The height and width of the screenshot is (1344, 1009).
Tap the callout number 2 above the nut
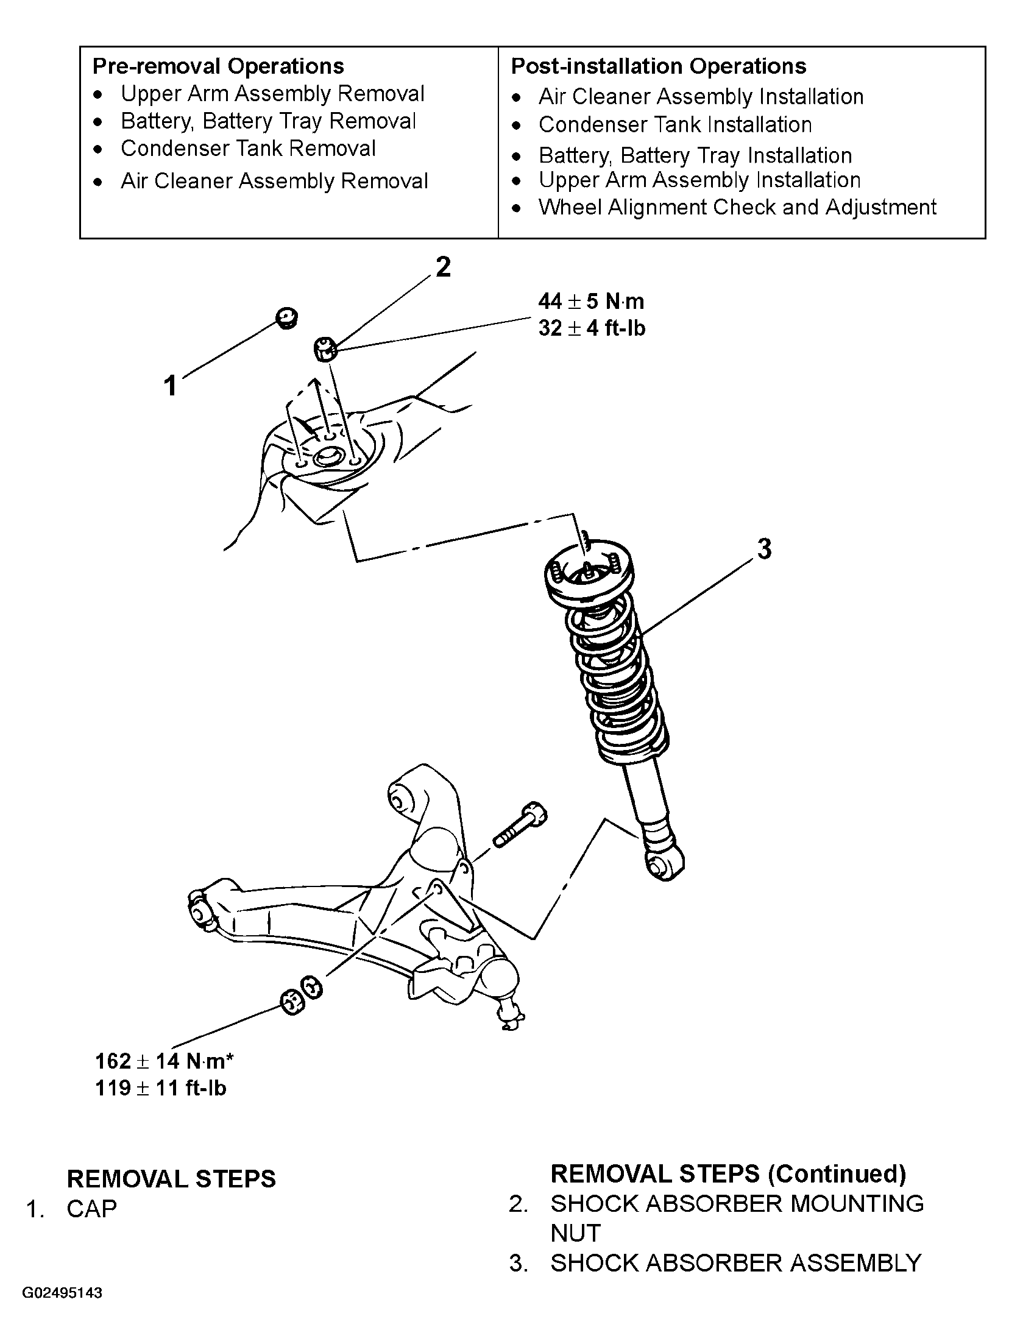443,267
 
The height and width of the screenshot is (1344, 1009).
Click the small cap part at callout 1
286,318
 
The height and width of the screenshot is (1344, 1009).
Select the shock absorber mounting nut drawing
326,350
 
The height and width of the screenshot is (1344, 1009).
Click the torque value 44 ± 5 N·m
591,301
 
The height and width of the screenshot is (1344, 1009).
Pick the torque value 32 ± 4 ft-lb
592,328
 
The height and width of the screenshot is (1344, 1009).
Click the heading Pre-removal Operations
218,66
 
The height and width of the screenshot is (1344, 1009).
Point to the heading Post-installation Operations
659,66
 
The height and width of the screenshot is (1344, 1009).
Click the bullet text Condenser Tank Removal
248,148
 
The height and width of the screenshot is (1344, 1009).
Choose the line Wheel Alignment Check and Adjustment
737,207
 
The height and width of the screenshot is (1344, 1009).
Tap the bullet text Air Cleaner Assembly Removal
274,181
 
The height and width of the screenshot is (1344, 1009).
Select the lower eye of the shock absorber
665,865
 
